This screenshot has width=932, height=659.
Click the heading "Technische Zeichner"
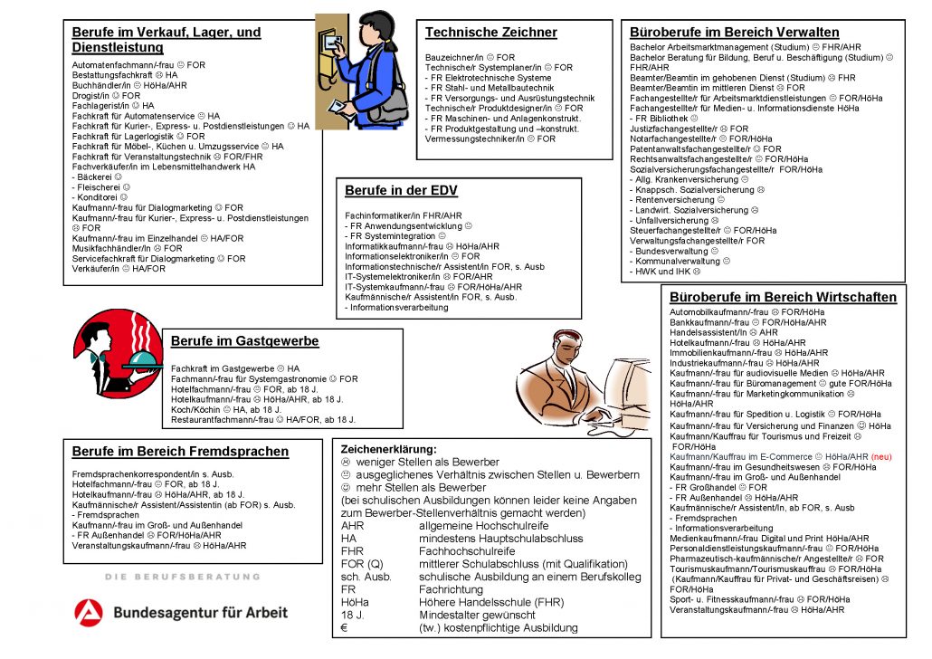(490, 33)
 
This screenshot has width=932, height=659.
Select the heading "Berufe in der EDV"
(401, 190)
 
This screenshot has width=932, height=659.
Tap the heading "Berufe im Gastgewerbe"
(244, 341)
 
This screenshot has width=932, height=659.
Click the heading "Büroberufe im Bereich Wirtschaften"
(783, 297)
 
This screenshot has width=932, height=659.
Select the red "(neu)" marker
(881, 457)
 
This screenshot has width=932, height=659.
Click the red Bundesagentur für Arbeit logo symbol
(89, 611)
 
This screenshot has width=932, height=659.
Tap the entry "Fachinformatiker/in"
(389, 215)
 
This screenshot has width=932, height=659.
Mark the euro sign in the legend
(345, 628)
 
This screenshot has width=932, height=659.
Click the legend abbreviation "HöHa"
(354, 601)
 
